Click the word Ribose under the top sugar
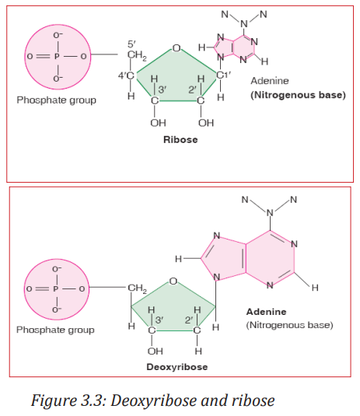point(180,139)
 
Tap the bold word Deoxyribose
point(177,367)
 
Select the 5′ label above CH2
point(131,44)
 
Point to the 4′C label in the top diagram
point(126,75)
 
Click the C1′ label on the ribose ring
point(223,75)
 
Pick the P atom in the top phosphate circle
point(57,56)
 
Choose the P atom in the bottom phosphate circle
point(55,288)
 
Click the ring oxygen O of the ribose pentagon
point(177,48)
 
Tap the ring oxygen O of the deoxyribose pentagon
point(173,281)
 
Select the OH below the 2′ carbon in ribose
point(206,123)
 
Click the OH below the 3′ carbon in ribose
point(158,123)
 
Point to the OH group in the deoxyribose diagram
point(156,351)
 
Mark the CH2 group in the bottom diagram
point(137,288)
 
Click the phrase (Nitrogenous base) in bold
point(298,95)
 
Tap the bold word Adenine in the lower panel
point(267,312)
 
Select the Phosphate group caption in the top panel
point(57,100)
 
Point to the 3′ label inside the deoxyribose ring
point(159,320)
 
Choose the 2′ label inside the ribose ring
point(192,89)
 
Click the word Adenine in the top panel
point(270,81)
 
